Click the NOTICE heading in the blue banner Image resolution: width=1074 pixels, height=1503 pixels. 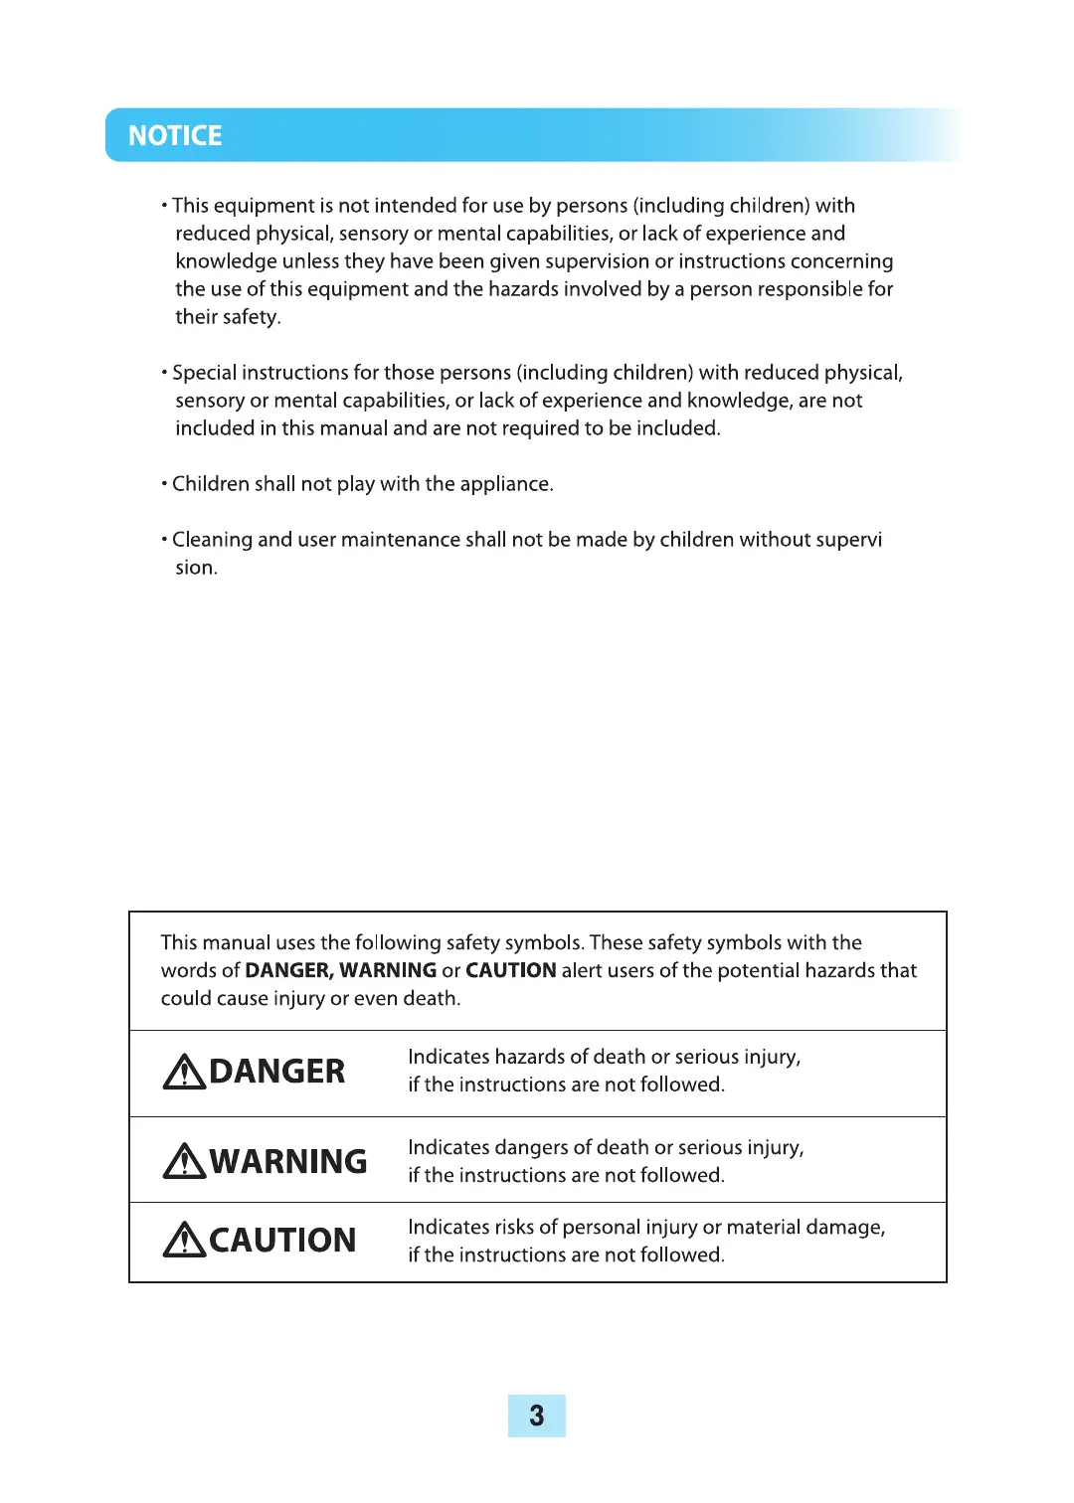point(175,136)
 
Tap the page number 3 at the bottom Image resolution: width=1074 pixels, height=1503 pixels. point(536,1416)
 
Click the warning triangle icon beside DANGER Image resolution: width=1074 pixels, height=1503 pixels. point(184,1072)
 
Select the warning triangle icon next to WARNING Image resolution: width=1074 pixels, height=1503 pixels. point(184,1161)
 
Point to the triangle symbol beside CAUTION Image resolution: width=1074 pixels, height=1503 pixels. point(184,1241)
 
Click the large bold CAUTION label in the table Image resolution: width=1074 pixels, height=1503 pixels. point(282,1241)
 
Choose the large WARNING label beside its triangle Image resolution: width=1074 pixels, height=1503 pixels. point(288,1161)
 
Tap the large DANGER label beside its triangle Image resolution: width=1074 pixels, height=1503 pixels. point(277,1072)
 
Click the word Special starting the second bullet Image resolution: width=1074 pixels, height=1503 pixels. point(204,374)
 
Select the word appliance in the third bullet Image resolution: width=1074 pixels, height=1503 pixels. point(504,484)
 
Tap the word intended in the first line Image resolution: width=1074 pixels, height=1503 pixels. point(415,206)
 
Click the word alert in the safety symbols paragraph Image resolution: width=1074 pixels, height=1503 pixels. point(584,970)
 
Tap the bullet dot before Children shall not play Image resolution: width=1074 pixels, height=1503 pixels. point(164,484)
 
